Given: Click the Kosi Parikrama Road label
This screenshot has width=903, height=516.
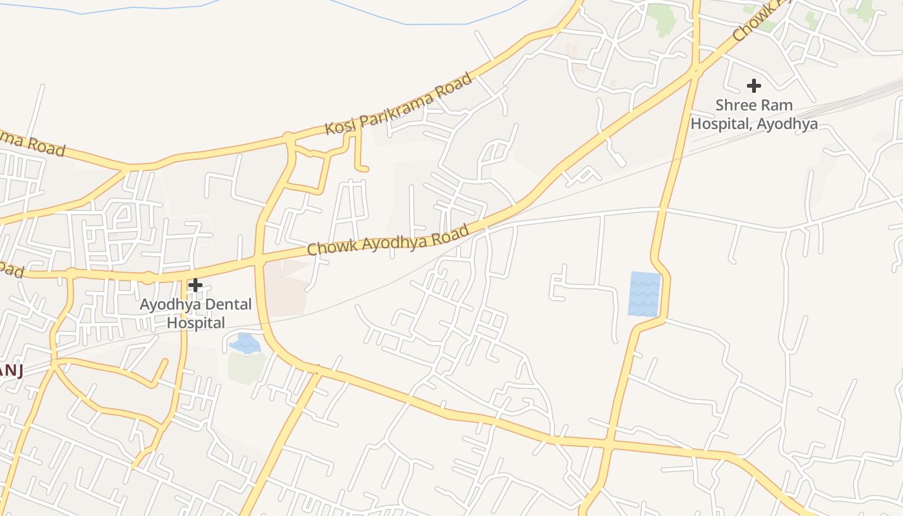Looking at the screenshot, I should [399, 104].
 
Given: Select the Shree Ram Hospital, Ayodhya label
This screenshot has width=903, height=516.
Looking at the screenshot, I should [754, 114].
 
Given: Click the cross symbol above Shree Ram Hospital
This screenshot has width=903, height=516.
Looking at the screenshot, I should [753, 85].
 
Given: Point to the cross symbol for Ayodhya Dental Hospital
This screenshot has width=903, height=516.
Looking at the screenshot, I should [195, 284].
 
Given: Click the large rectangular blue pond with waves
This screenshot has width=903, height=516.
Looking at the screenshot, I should [644, 293].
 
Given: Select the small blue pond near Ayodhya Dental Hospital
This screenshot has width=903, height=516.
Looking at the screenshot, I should [245, 343].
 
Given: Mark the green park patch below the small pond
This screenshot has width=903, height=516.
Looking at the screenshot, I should [247, 368].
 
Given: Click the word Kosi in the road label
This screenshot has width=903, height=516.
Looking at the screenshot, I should [340, 126].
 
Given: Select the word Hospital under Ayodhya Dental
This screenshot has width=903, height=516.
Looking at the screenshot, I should [196, 322].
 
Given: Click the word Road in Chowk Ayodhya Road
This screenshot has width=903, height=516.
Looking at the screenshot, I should [454, 235].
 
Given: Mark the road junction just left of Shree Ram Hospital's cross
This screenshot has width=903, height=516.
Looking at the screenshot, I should [695, 72].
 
